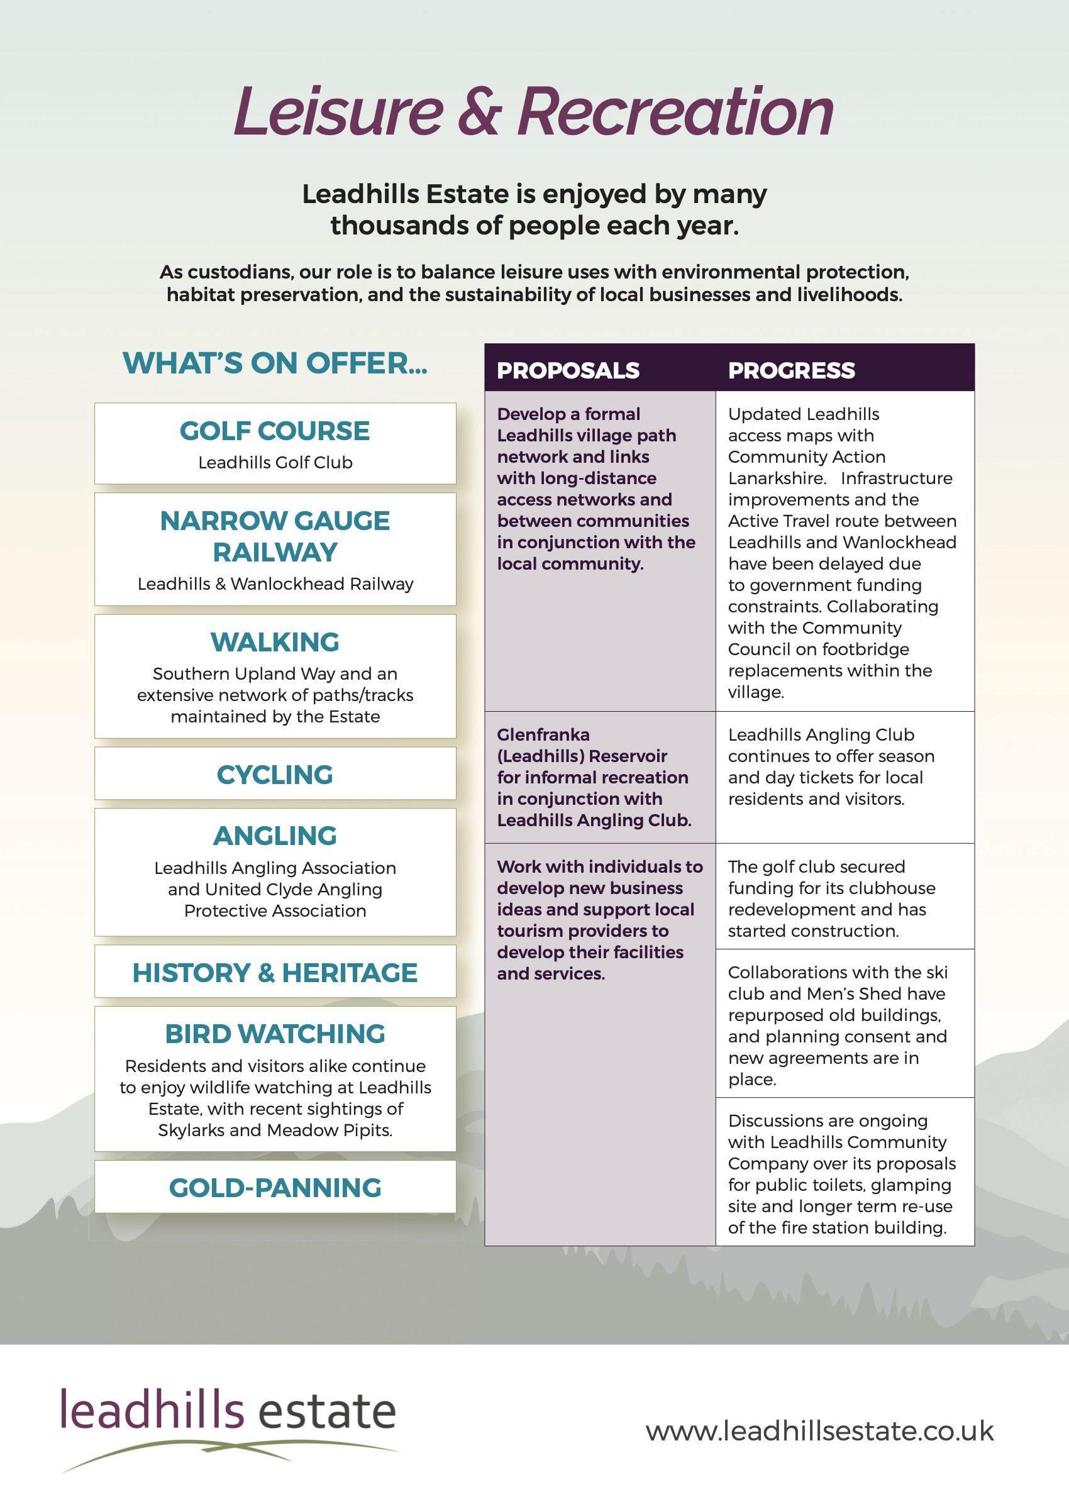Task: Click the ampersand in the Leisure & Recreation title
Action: pos(480,111)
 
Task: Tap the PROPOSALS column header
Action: pos(567,370)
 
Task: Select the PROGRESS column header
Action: pos(791,370)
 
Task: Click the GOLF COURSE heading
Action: pos(275,431)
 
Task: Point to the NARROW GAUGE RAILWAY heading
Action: pos(275,536)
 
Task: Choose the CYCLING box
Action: pos(275,775)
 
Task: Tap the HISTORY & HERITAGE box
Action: pos(275,973)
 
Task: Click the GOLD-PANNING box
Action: pos(275,1188)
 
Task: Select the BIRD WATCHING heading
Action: pos(275,1034)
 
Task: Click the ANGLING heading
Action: pos(275,836)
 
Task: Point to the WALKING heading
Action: pos(275,643)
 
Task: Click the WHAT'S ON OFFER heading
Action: pos(275,363)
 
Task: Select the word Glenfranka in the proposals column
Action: pos(543,734)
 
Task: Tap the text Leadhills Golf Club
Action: pos(275,463)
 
